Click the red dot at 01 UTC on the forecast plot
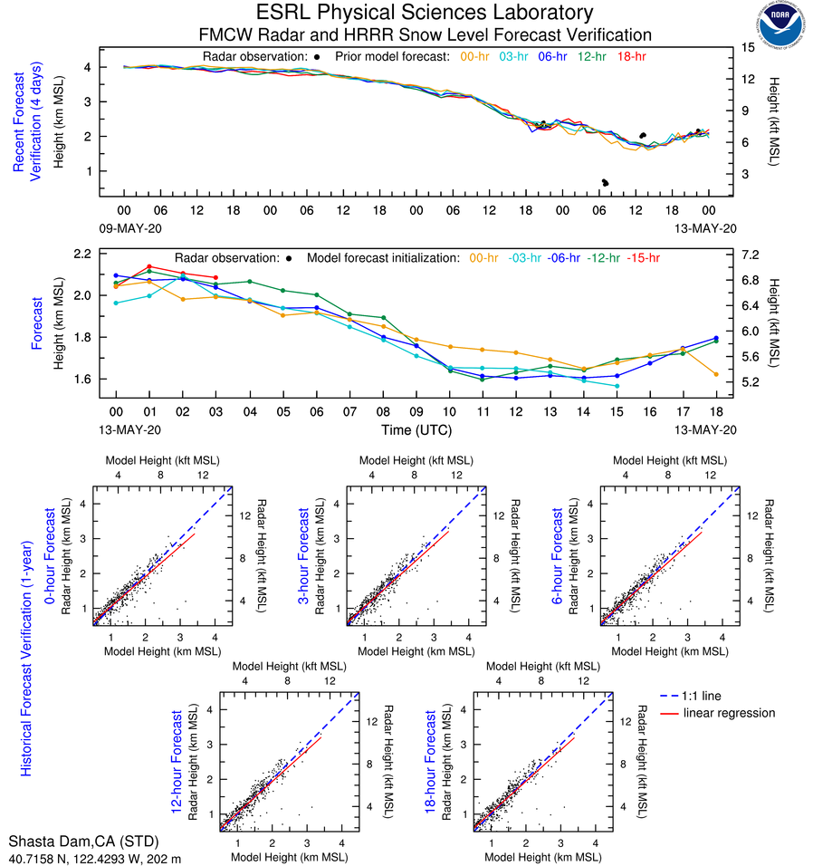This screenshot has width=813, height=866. (149, 266)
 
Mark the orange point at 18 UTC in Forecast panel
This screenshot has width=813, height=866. (715, 374)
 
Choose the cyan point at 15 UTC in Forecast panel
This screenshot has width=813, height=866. (617, 386)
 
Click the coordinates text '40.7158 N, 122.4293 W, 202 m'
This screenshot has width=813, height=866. (95, 858)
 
